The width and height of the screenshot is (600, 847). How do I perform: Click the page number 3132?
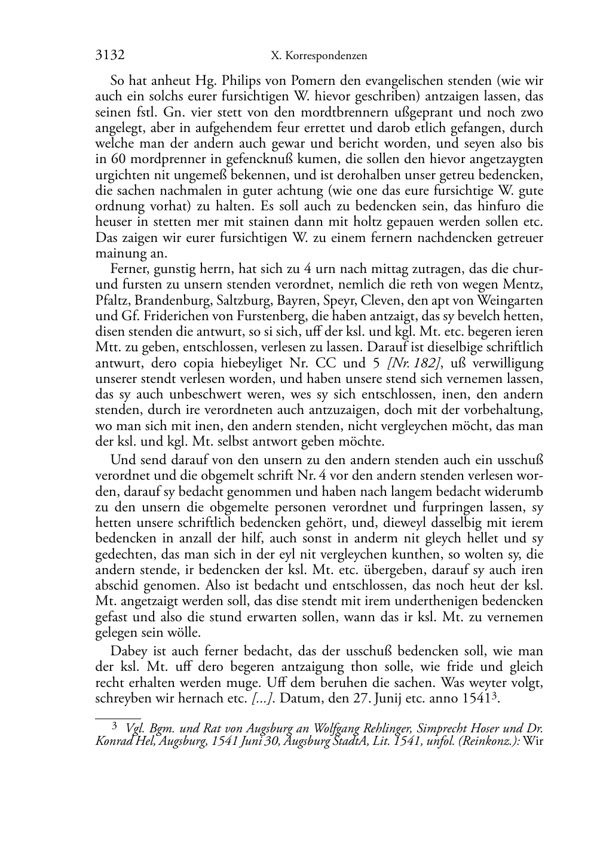(x=110, y=56)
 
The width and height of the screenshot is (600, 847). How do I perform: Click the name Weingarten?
(x=513, y=300)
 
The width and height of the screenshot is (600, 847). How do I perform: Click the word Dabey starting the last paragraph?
(x=126, y=651)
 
